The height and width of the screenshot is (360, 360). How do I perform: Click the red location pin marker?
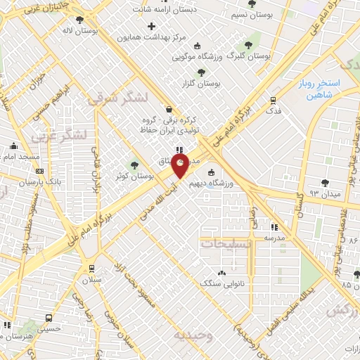click(x=180, y=167)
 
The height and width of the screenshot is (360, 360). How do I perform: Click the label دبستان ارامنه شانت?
click(x=169, y=11)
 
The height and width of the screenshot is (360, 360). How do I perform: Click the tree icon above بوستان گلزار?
click(x=201, y=72)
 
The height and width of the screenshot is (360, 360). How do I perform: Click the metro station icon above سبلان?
click(x=91, y=269)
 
